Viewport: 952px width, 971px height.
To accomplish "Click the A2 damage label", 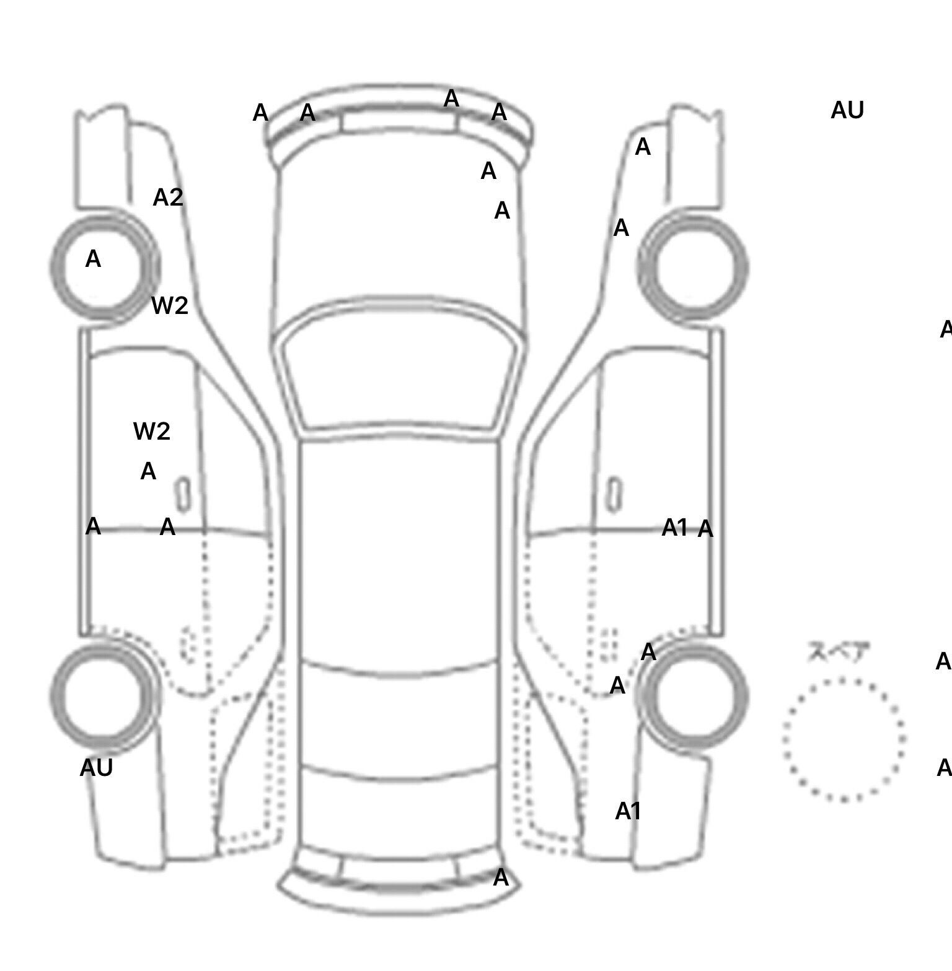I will [168, 198].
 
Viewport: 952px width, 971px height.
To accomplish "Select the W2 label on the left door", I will [151, 431].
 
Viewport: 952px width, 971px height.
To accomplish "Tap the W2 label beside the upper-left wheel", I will [169, 305].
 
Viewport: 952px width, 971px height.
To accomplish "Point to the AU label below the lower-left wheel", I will [96, 768].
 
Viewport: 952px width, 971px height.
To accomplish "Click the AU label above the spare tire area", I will [847, 110].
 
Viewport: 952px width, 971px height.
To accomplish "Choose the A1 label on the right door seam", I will [674, 528].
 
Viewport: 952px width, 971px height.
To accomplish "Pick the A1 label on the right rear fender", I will [628, 811].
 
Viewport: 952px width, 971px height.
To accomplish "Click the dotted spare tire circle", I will [844, 739].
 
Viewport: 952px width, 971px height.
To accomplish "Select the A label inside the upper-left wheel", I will [93, 259].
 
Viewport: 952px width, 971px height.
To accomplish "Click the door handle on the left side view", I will [183, 494].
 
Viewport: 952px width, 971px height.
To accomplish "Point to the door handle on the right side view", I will [614, 494].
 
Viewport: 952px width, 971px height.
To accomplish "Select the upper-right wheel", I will [693, 268].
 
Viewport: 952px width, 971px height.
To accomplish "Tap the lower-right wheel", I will [694, 695].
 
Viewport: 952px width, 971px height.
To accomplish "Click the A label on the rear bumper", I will [501, 877].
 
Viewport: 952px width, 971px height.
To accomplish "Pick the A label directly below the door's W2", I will [148, 472].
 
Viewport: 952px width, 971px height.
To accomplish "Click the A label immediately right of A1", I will [705, 529].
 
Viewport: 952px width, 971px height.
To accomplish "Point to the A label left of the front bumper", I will [260, 113].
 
